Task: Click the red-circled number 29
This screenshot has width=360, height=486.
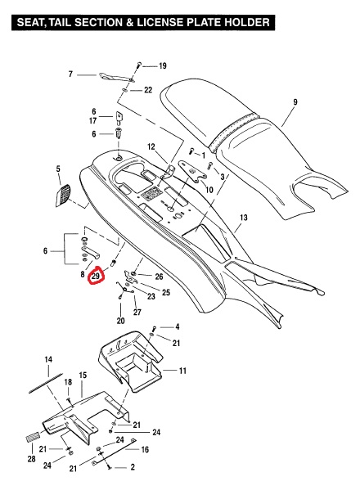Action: pos(96,276)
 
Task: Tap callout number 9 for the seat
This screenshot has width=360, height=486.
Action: pos(295,101)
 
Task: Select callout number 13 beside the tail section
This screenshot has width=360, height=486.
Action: pos(244,218)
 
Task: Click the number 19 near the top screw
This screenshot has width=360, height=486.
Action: pos(163,65)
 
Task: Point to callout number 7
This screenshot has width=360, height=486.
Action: pos(70,74)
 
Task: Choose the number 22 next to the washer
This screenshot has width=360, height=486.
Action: pos(148,90)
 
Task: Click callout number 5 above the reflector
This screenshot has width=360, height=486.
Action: pos(58,169)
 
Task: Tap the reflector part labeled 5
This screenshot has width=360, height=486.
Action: pos(63,196)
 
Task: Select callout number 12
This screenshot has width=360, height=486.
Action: pos(151,146)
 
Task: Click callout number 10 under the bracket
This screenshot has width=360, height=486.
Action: pos(209,189)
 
